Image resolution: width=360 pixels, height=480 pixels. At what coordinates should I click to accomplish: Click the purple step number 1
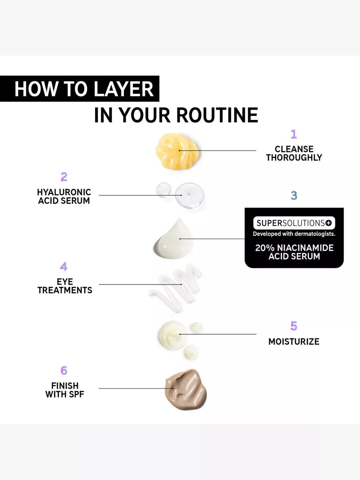point(294,134)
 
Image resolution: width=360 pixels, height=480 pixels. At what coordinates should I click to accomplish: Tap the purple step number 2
point(64,177)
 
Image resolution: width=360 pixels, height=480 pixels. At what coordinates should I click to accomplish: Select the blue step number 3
point(294,196)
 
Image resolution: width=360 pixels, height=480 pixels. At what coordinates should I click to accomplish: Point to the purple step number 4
point(64,266)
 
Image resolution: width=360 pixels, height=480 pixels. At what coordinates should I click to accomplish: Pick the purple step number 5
point(294,326)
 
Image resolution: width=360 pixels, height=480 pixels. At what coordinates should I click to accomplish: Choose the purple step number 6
point(64,370)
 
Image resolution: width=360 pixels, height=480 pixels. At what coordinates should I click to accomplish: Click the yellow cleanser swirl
point(177,151)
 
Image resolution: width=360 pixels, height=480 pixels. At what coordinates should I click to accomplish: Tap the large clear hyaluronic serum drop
point(190,195)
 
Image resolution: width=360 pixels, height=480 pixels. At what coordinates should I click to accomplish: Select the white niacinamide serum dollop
point(174,239)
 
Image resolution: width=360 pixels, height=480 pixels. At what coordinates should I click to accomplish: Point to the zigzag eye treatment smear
point(175,288)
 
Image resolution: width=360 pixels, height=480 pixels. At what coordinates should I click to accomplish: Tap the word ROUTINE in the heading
point(217,115)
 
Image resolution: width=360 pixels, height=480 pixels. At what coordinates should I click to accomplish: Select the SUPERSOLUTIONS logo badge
point(294,223)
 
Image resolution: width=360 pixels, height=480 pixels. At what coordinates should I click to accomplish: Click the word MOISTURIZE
point(294,342)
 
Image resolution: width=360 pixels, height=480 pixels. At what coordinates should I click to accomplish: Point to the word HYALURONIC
point(64,192)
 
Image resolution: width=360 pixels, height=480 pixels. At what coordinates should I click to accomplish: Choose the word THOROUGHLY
point(294,157)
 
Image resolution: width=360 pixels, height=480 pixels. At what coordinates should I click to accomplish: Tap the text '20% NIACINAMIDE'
point(294,248)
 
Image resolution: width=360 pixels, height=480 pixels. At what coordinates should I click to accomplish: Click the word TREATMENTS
point(65,290)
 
